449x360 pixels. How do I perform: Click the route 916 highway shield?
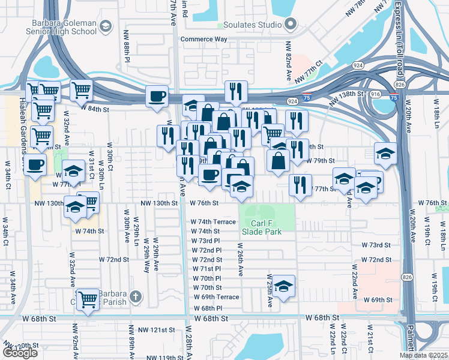[375, 95]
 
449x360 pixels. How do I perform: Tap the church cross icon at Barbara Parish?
[136, 296]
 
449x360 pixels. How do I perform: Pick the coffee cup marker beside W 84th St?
[157, 97]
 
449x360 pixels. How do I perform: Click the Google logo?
[20, 353]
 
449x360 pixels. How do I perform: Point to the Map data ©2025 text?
[424, 355]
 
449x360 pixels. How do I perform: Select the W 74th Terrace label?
[213, 222]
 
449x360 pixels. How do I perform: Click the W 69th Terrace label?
[215, 297]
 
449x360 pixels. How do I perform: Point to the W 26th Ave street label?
[240, 259]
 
